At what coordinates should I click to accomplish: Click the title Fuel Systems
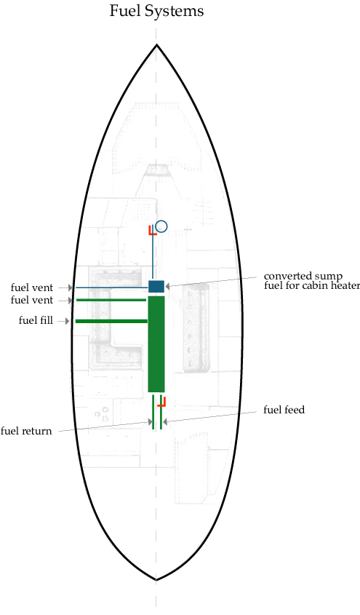point(156,12)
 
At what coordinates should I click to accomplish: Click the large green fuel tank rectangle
point(156,344)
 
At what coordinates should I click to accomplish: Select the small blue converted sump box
point(156,286)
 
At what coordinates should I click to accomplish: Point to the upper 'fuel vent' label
point(32,288)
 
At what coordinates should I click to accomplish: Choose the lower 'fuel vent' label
point(32,301)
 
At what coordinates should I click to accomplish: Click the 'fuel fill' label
point(36,320)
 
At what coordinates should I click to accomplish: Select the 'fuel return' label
point(26,432)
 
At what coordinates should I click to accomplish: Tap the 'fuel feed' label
point(284,410)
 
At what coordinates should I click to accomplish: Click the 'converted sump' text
point(303,277)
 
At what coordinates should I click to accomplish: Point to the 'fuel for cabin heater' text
point(312,285)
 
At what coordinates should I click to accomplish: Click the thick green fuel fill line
point(112,321)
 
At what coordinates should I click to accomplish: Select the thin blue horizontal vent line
point(112,288)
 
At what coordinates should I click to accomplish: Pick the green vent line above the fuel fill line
point(111,300)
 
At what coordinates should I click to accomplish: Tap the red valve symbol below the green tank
point(162,402)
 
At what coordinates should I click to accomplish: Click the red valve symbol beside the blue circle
point(152,230)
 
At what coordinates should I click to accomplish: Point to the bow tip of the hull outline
point(156,44)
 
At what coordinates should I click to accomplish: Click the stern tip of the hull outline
point(156,579)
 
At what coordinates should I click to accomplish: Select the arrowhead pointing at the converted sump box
point(168,286)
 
